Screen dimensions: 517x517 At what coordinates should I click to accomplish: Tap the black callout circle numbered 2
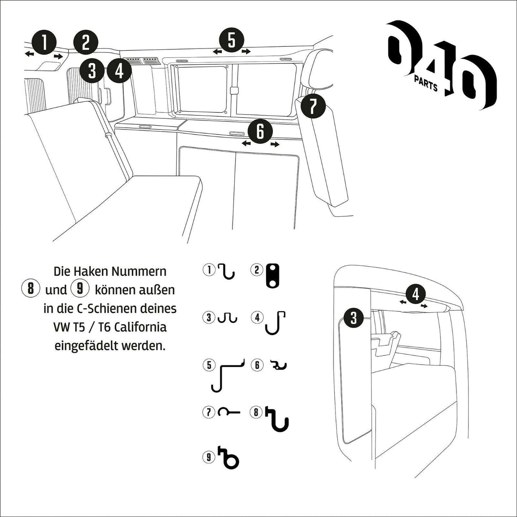point(86,43)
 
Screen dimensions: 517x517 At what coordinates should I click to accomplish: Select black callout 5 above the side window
point(231,40)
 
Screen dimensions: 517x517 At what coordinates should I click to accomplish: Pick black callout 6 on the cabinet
point(261,132)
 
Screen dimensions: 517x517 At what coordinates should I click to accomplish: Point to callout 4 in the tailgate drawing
point(416,294)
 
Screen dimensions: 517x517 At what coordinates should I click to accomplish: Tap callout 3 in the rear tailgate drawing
point(353,318)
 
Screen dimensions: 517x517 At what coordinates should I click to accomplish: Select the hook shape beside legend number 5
point(228,375)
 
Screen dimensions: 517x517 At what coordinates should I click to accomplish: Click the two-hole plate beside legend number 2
point(272,276)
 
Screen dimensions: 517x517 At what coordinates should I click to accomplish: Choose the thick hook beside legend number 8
point(278,418)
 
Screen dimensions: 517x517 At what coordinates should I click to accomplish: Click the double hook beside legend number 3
point(227,318)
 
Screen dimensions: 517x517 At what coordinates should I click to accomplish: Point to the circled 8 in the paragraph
point(31,289)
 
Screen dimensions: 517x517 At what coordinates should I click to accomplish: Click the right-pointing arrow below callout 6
point(275,144)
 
